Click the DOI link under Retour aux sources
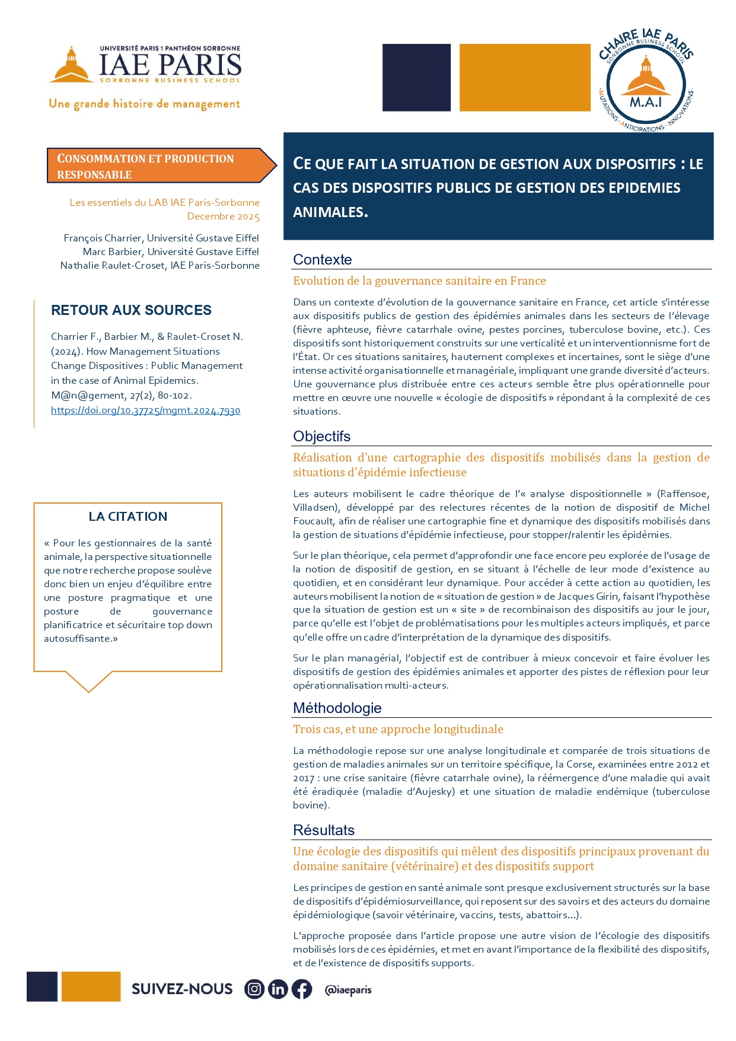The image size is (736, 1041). [x=145, y=410]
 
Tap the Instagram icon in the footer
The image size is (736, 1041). [x=254, y=989]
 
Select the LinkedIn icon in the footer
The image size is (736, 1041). [x=278, y=989]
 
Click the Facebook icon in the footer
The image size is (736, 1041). [x=301, y=989]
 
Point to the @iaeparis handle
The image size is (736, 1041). [x=348, y=989]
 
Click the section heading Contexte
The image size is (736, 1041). [x=322, y=259]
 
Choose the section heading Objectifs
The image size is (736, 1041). [x=321, y=436]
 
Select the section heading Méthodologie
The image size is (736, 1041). [x=337, y=708]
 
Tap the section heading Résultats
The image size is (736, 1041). [x=324, y=830]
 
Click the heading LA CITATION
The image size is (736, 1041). [x=128, y=516]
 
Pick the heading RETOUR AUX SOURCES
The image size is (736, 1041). [x=131, y=310]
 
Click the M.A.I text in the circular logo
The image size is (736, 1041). [x=645, y=102]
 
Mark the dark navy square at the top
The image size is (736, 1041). [x=416, y=77]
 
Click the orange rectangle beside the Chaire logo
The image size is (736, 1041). [x=525, y=77]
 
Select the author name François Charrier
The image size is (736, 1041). [x=103, y=238]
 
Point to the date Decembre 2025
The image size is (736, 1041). [x=224, y=217]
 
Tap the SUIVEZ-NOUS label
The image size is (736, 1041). [x=182, y=989]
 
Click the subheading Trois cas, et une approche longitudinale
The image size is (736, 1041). [x=398, y=729]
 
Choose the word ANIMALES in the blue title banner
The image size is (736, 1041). [x=330, y=212]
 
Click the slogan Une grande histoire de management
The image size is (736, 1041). [x=145, y=104]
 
